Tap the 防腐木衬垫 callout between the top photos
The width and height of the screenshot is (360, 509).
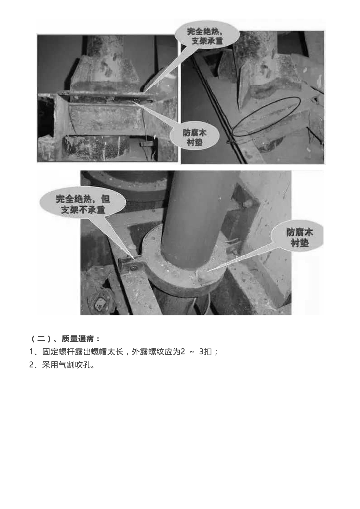[195, 137]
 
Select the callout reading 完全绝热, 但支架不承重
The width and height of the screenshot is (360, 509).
[83, 204]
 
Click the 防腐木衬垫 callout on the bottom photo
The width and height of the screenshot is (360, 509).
[299, 237]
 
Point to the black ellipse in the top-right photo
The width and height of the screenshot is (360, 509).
[267, 116]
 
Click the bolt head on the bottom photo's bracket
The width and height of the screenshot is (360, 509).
[134, 268]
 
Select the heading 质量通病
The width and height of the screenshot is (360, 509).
[78, 339]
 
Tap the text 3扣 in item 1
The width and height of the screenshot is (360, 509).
[205, 352]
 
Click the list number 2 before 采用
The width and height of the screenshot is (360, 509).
[31, 365]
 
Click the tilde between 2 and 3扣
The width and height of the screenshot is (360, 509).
[192, 352]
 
